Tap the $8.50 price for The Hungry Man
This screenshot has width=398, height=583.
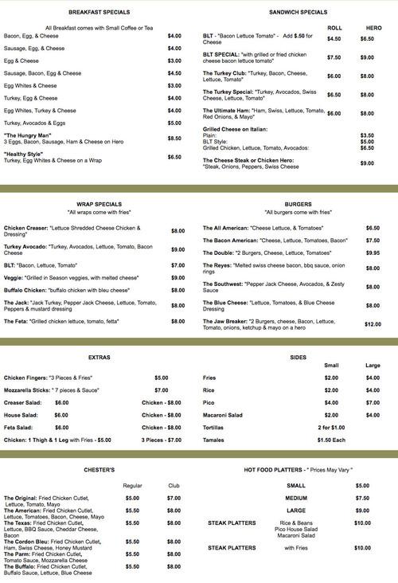(x=174, y=138)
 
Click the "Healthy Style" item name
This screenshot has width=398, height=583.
(x=22, y=154)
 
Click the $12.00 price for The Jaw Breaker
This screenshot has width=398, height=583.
(x=373, y=324)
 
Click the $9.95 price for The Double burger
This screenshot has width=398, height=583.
(x=373, y=252)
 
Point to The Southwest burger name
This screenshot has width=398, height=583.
(x=227, y=284)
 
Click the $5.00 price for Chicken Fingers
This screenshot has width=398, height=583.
(x=162, y=377)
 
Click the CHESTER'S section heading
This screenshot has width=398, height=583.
(x=99, y=470)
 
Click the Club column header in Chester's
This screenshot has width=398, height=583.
(x=174, y=485)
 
